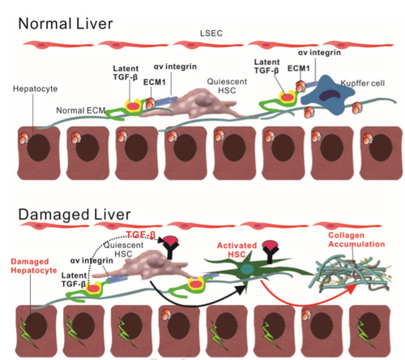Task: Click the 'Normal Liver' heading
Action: tap(66, 24)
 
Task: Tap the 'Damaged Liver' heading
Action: tap(75, 215)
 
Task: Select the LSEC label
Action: tap(211, 33)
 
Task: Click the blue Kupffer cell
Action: tap(327, 95)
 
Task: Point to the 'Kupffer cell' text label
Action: tap(363, 83)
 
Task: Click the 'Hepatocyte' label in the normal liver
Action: tap(35, 88)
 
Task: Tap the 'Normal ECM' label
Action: tap(80, 110)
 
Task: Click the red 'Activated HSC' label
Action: tap(237, 250)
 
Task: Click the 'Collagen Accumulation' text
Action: tap(356, 239)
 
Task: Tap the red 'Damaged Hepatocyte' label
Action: tap(34, 266)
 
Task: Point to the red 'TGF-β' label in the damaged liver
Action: tap(141, 234)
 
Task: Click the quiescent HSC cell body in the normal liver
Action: tap(193, 104)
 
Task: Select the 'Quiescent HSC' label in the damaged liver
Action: tap(123, 249)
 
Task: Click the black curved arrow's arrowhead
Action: tap(241, 289)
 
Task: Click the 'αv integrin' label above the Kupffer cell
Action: tap(319, 52)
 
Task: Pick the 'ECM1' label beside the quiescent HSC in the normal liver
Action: tap(154, 82)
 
